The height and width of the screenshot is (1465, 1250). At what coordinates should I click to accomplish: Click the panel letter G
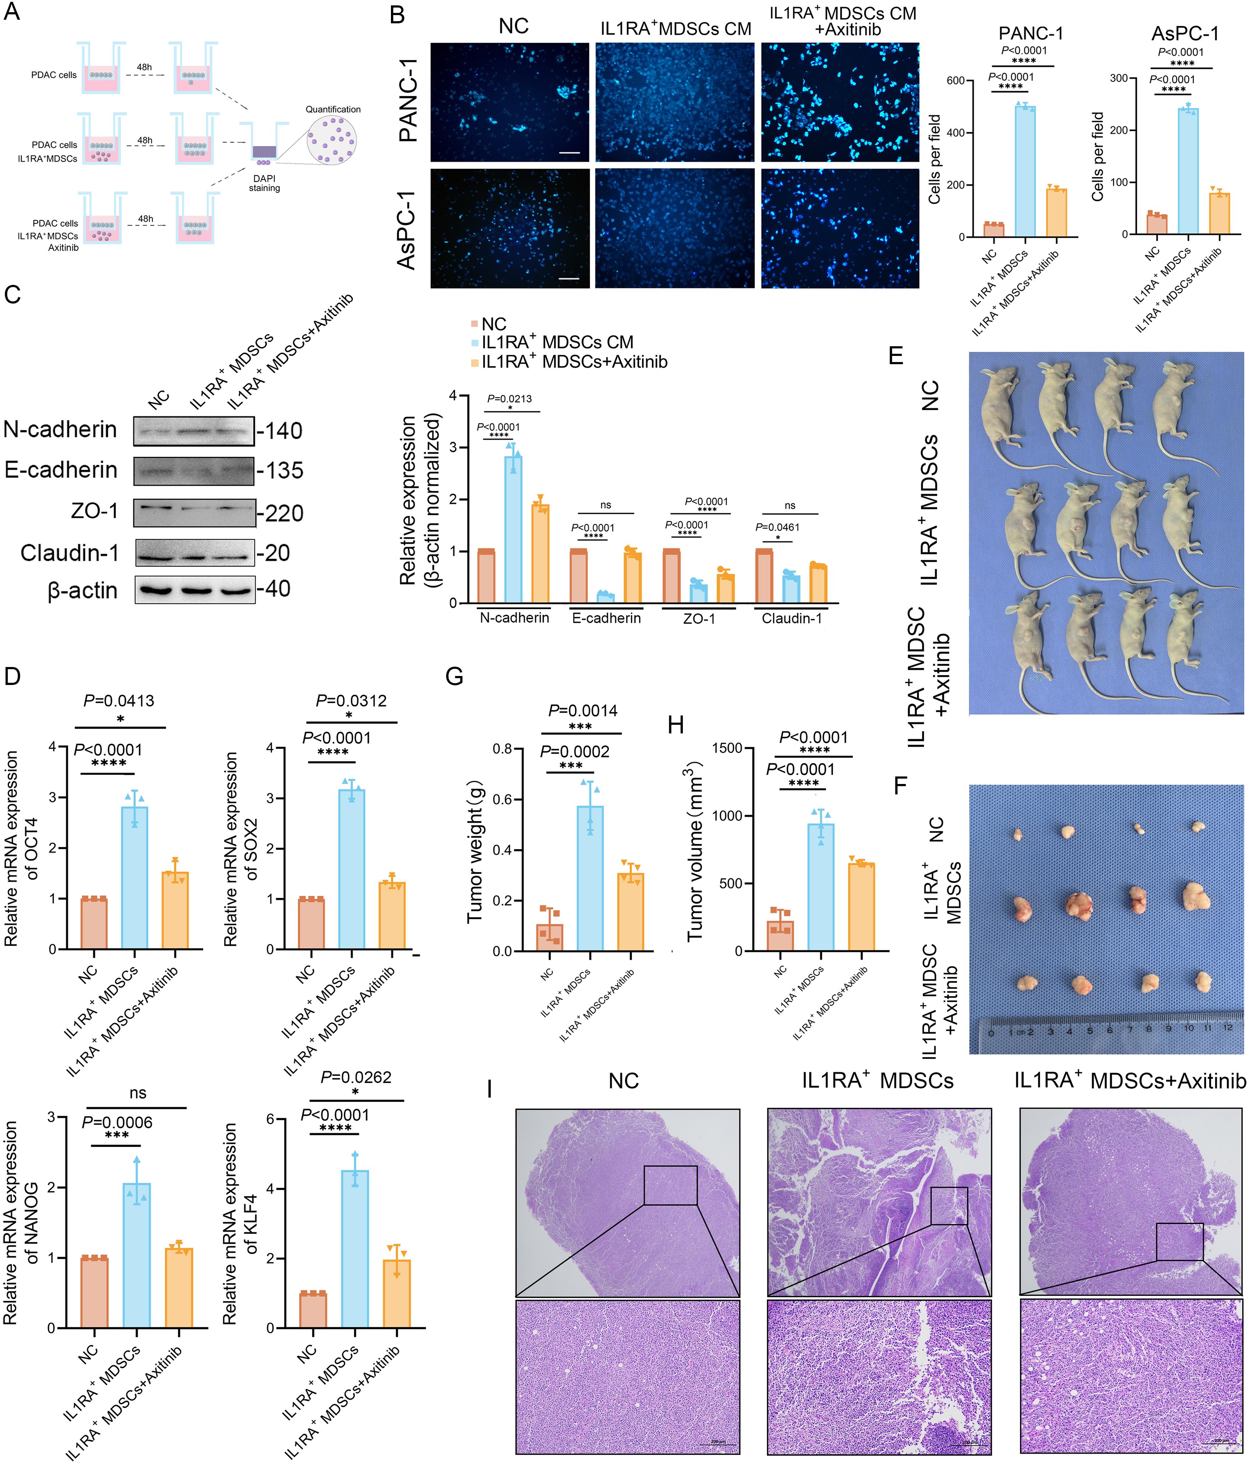tap(453, 677)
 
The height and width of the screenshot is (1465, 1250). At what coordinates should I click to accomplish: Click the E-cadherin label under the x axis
tap(606, 618)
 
